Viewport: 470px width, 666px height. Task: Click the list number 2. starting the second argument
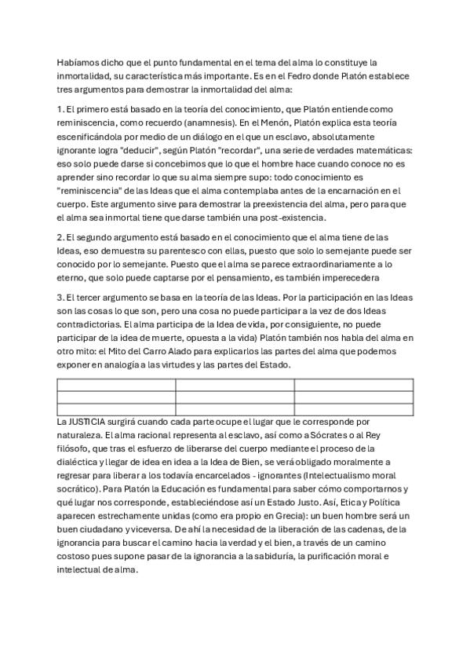point(60,236)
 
